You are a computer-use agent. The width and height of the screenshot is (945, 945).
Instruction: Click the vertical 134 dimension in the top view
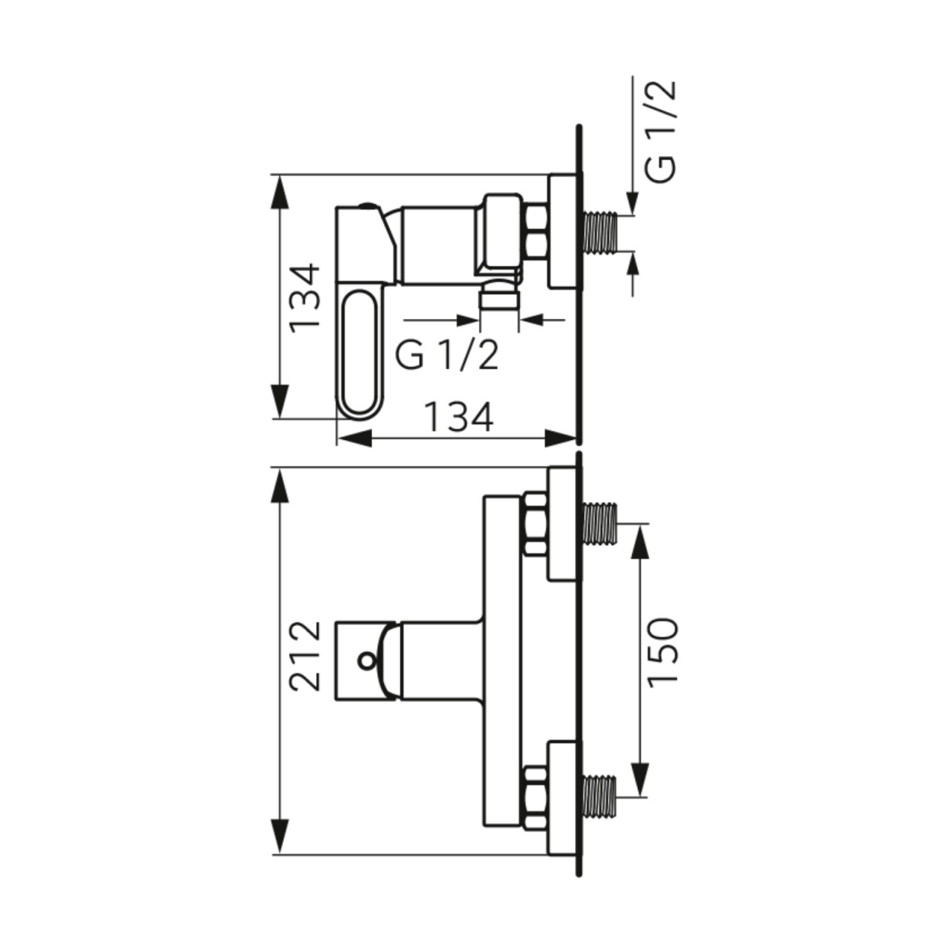[304, 299]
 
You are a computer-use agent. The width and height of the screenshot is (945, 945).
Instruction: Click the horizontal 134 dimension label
[458, 417]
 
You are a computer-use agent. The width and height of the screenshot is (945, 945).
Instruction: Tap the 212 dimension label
[305, 656]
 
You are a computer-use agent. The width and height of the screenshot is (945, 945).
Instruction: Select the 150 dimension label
[662, 650]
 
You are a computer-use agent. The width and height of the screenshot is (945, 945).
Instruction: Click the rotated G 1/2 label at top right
[660, 131]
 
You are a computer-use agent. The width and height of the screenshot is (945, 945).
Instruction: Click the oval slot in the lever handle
[360, 353]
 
